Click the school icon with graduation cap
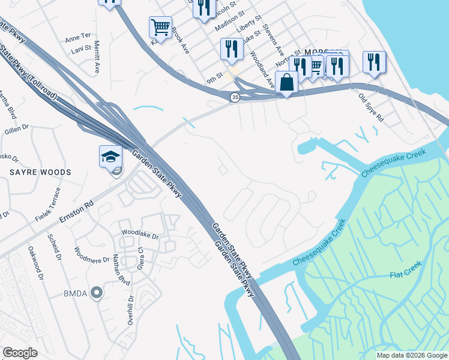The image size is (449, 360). click(110, 157)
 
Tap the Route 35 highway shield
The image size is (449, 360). click(235, 97)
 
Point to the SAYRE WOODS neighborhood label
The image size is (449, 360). click(40, 172)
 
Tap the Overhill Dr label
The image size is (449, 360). click(130, 310)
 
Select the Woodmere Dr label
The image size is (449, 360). click(91, 258)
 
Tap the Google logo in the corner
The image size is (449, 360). click(20, 353)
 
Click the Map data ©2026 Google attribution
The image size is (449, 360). click(412, 355)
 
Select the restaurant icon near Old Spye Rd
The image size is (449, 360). click(373, 62)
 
